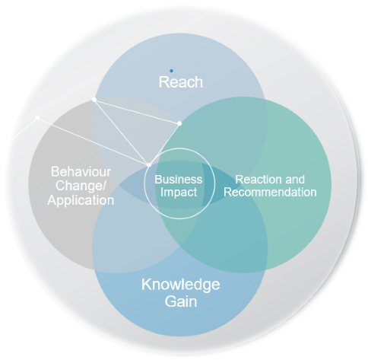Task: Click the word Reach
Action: point(180,82)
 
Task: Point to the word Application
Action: point(81,200)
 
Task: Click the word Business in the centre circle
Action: point(179,179)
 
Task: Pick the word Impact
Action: point(179,192)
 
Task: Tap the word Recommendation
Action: point(275,192)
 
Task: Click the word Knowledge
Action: point(180,285)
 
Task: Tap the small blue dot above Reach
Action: point(171,70)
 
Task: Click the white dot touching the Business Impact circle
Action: point(149,164)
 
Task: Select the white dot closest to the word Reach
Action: point(179,123)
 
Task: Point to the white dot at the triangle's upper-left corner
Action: point(94,100)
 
